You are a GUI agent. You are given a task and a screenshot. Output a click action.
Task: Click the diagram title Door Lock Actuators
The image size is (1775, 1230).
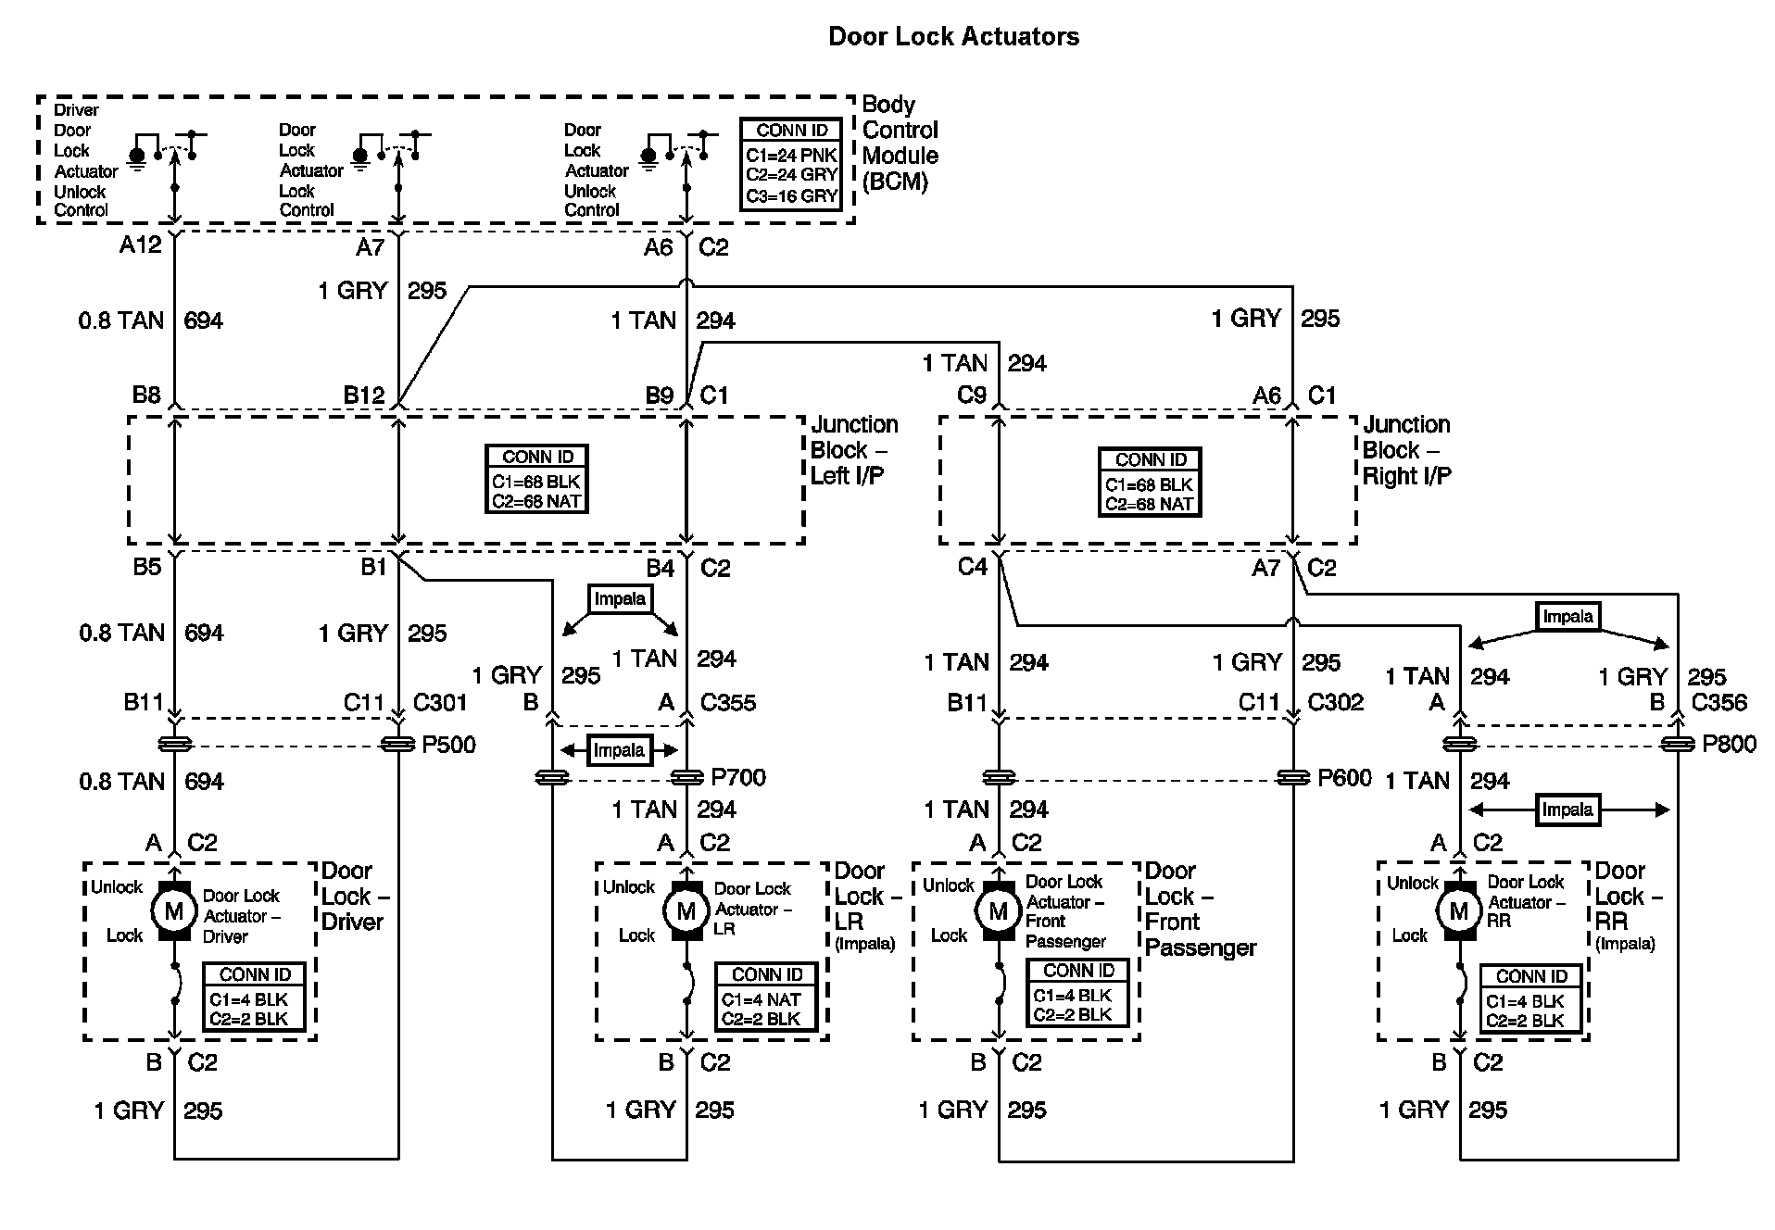(x=953, y=37)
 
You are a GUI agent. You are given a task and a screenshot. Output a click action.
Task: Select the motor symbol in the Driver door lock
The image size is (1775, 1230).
(x=174, y=911)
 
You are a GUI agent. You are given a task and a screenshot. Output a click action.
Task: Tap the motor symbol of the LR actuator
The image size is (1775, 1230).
(x=686, y=911)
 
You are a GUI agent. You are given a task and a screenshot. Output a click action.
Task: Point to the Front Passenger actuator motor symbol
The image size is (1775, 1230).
(x=998, y=911)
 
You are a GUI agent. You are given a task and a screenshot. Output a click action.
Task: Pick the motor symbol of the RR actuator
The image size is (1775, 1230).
(x=1459, y=911)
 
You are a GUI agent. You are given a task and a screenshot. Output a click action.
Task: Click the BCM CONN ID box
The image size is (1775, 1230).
(x=791, y=164)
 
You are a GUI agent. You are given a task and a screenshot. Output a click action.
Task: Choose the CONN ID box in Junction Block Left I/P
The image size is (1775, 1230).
(x=538, y=480)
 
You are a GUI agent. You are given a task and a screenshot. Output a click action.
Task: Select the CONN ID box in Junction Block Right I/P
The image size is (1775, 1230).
(x=1150, y=483)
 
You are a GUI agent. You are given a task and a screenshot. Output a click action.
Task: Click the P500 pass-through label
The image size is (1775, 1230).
(x=448, y=745)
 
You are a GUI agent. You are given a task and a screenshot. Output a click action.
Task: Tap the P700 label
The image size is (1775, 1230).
(x=738, y=778)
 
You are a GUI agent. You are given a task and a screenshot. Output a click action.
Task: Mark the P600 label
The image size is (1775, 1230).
(x=1344, y=778)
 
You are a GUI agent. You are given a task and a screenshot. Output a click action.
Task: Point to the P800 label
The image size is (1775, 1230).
(x=1729, y=745)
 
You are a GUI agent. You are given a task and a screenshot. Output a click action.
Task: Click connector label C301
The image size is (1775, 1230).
(x=440, y=703)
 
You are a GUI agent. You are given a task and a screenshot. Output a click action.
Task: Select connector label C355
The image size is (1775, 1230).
(x=728, y=703)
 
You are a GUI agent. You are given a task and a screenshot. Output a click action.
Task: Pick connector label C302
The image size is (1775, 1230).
(x=1335, y=703)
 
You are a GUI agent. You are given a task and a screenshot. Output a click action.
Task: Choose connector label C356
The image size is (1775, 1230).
(x=1719, y=703)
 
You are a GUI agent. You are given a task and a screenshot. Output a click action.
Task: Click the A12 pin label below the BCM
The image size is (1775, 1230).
(x=141, y=245)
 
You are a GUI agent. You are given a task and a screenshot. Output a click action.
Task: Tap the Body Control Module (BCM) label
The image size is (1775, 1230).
(x=900, y=143)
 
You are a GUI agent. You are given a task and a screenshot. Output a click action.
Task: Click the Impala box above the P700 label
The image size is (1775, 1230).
(x=619, y=750)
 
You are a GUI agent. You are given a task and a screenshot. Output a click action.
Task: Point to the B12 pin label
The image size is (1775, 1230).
(x=364, y=395)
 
